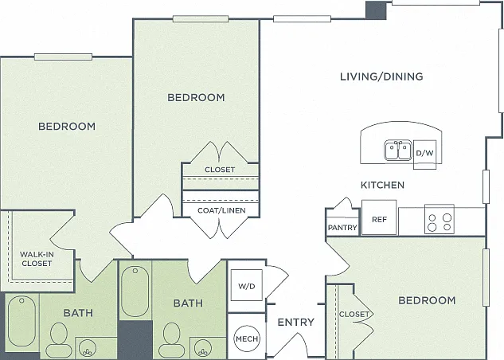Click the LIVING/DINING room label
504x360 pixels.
(x=381, y=76)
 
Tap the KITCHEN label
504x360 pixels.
(x=382, y=185)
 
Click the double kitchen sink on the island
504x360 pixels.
(x=398, y=150)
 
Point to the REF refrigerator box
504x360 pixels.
(x=379, y=217)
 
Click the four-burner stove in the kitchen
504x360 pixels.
(x=439, y=219)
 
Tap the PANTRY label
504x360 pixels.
(x=342, y=228)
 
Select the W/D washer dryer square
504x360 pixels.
(x=247, y=285)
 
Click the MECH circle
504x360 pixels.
(x=247, y=338)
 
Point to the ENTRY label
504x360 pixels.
(x=295, y=322)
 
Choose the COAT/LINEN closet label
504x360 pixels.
(x=221, y=210)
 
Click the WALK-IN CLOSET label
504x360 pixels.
(x=37, y=259)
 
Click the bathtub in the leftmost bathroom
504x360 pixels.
(x=21, y=322)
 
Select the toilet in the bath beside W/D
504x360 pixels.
(x=172, y=340)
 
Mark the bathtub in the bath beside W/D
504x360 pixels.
(x=135, y=292)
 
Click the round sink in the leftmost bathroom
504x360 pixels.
(x=88, y=348)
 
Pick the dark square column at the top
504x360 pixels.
(x=376, y=10)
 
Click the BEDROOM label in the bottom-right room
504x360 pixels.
(x=427, y=300)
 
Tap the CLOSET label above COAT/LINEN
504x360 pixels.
(x=220, y=170)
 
